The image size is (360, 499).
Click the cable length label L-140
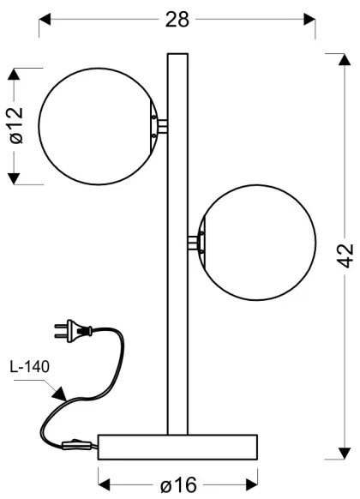[31, 366]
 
